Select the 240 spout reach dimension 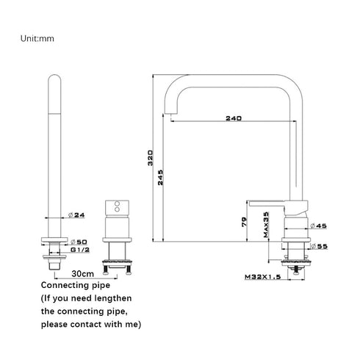(x=234, y=118)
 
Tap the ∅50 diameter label (x=79, y=241)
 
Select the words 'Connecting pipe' (x=75, y=284)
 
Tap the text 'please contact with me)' (x=91, y=324)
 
